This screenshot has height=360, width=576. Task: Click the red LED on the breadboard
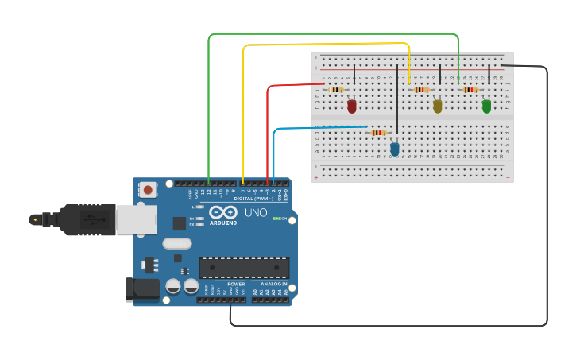tap(352, 106)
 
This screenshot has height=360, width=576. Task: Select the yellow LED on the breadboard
tap(437, 106)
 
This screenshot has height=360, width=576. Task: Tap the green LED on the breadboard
tap(486, 106)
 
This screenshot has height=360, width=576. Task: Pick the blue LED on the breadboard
tap(395, 149)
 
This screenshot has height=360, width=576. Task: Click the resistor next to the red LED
tap(336, 90)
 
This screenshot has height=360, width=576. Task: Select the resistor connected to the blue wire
tap(379, 133)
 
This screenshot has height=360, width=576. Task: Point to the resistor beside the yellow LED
tap(421, 90)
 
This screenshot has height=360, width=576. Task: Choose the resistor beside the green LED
tap(470, 90)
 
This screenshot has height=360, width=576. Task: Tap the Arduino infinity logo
tap(223, 213)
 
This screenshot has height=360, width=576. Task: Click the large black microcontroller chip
tap(244, 268)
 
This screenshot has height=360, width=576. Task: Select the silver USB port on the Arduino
tap(136, 219)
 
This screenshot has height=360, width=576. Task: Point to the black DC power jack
tap(142, 289)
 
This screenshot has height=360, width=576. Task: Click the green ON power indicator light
tap(276, 219)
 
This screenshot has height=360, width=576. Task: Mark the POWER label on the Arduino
tap(236, 284)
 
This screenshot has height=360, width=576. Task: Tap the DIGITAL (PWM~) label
tap(253, 198)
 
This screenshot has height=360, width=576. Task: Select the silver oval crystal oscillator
tap(177, 244)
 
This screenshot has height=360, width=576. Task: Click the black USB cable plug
tap(87, 219)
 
